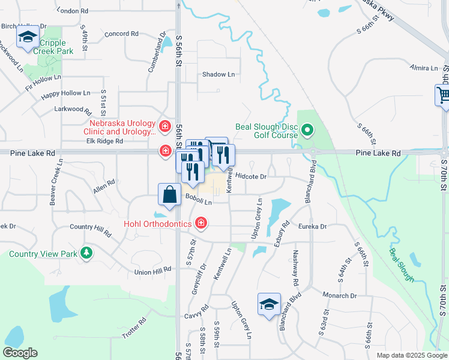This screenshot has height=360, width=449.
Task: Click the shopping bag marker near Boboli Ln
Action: [169, 195]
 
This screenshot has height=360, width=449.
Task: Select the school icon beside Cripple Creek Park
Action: [28, 37]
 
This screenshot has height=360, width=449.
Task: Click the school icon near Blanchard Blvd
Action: [269, 304]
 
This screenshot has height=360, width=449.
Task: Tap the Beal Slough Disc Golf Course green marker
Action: [307, 130]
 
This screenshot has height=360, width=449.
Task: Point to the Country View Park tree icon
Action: [87, 253]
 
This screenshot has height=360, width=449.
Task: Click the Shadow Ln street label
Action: [218, 74]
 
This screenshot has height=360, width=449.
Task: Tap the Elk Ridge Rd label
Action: [104, 142]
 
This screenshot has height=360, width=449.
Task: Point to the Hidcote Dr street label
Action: [251, 176]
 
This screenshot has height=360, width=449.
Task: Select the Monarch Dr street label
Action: [339, 296]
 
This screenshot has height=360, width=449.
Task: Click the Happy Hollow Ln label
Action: [65, 94]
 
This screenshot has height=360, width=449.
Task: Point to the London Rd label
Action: [75, 11]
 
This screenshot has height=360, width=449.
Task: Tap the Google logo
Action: [20, 353]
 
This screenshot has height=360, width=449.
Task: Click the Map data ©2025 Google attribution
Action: [411, 355]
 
